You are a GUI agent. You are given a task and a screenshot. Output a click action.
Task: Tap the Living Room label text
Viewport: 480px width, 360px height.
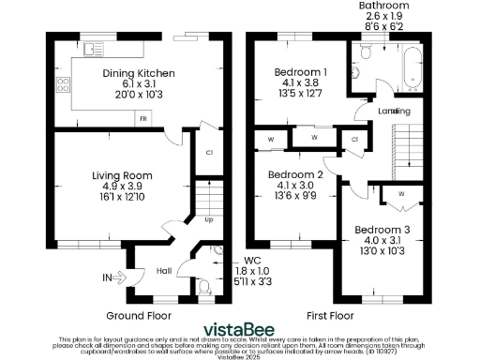(122, 174)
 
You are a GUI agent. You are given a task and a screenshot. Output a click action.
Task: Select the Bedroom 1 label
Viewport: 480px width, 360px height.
(300, 72)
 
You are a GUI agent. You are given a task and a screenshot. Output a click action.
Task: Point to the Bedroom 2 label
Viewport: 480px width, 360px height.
(294, 174)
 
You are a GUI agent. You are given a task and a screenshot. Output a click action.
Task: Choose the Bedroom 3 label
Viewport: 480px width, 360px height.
(379, 230)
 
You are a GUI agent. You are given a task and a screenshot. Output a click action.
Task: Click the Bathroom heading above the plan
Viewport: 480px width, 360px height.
(384, 6)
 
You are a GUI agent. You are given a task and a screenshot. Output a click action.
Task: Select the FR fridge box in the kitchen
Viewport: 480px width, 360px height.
(142, 119)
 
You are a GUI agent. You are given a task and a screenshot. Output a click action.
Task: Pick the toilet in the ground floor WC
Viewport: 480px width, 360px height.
(203, 287)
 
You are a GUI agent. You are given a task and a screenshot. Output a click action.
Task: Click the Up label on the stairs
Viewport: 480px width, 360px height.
(208, 220)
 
